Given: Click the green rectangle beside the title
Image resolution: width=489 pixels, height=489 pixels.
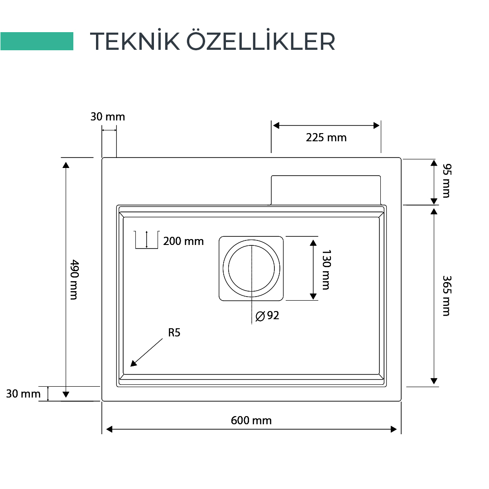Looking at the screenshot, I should coord(37,41).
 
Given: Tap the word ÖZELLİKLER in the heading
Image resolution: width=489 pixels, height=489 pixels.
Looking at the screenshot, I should coord(261,41).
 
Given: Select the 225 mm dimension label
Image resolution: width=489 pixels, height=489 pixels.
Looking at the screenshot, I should coord(326,138).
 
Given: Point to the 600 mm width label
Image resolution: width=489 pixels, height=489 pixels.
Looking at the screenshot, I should coord(251,421).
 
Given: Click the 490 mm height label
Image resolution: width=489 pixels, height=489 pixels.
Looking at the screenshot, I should coord(73,279).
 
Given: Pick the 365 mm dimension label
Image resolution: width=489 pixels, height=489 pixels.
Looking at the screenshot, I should coord(446,295).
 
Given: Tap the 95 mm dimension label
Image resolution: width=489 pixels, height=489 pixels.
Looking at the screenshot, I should coord(446,182).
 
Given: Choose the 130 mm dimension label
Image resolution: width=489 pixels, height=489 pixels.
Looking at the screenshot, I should coord(326,269).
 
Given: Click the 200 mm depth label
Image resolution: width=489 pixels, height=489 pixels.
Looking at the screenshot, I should coord(183,241).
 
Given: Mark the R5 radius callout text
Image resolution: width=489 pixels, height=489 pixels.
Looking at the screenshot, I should coord(174,333).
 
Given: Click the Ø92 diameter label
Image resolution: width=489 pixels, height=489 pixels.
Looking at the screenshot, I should coord(268,316).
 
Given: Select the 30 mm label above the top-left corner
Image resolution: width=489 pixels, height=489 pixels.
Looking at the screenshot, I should coord(108,117).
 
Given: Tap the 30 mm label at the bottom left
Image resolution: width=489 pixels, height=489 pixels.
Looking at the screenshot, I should coord(23,394).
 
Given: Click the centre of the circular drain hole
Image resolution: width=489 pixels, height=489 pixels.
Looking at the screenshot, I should coord(251,268).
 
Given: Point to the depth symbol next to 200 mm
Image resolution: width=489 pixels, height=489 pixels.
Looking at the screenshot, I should coord(146,240).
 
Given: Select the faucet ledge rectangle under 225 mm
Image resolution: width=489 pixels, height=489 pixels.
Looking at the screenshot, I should coord(326,190).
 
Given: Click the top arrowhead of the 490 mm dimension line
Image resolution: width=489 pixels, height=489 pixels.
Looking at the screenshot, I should coord(66,164).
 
